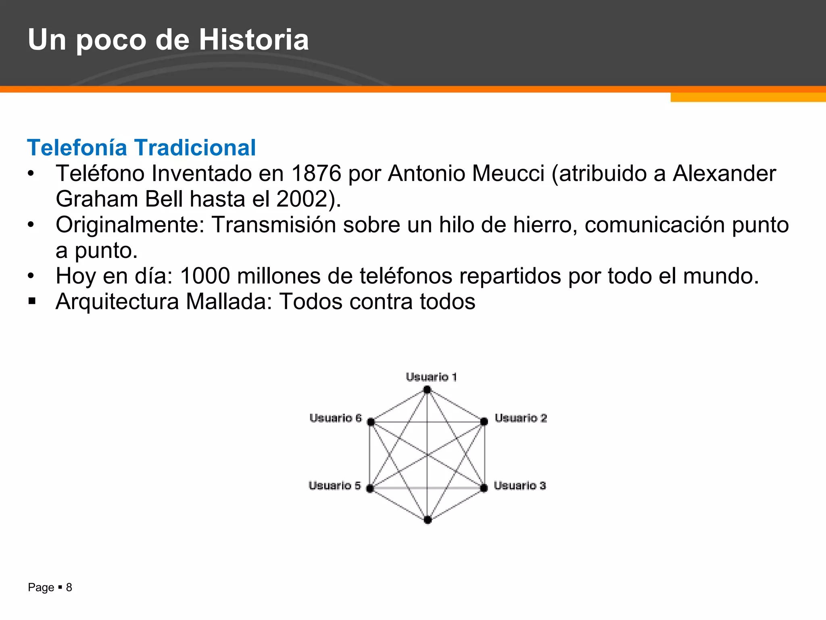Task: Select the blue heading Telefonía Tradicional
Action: tap(141, 148)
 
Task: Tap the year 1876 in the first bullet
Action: tap(316, 174)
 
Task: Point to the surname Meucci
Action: tap(508, 174)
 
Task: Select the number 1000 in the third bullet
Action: tap(205, 276)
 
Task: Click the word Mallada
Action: tap(229, 302)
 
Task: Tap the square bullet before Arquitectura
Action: tap(32, 301)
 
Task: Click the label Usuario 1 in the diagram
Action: tap(431, 377)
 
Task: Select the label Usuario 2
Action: tap(521, 418)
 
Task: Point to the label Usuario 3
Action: tap(520, 486)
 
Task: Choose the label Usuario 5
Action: tap(335, 486)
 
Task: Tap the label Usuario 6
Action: tap(336, 418)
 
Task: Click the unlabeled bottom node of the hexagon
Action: tap(428, 520)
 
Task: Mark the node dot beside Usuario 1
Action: tap(427, 390)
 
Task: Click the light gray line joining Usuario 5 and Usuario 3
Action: tap(428, 488)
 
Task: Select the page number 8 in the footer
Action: tap(69, 587)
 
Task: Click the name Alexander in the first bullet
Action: tap(724, 174)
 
